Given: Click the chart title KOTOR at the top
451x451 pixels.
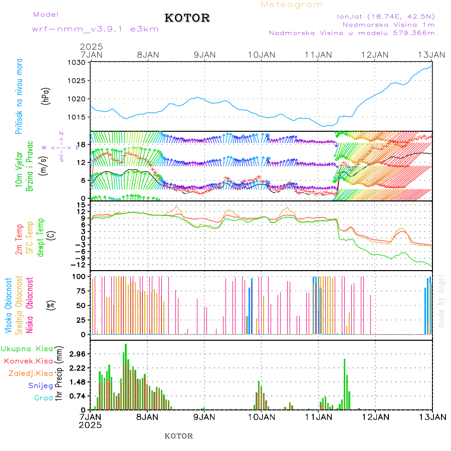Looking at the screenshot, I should [x=187, y=18].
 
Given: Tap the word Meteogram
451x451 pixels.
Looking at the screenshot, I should [x=292, y=5].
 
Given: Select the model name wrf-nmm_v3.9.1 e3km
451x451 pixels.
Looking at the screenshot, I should [x=95, y=29].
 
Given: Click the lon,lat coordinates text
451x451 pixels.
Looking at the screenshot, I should [x=385, y=16].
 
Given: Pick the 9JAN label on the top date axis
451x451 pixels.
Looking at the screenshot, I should [x=204, y=54].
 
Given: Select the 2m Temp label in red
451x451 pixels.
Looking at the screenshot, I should [x=19, y=240].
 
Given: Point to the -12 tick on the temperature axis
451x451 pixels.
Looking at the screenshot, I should [x=78, y=265].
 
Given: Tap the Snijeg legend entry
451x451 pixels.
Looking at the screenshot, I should [x=41, y=386].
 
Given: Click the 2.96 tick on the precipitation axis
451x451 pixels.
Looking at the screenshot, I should [x=76, y=354].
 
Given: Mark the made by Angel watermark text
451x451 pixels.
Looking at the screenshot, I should [x=441, y=301].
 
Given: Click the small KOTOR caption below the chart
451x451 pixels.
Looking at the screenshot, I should [x=178, y=436].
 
